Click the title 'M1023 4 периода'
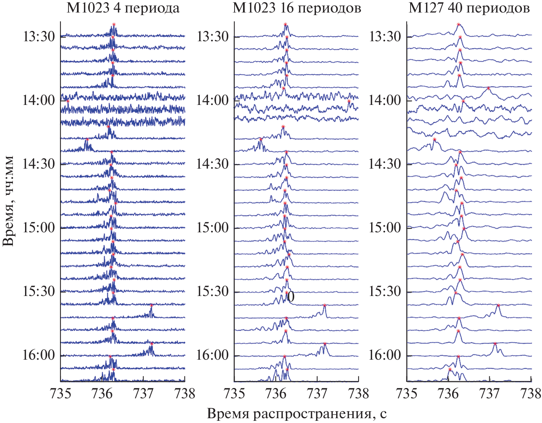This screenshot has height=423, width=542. pos(123,8)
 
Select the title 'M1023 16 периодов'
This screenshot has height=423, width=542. pos(297,8)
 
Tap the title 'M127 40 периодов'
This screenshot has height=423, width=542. pos(469,8)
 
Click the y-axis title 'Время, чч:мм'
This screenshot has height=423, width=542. pos(8,201)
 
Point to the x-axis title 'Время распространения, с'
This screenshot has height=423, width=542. pos(297,414)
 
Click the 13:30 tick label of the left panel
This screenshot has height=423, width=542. pos(39,37)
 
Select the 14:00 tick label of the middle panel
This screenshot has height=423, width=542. pos(212,100)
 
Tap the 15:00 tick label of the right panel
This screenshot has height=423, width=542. pos(385,228)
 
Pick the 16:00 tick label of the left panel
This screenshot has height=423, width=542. pos(39,355)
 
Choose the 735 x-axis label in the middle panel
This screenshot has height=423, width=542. pos(235,394)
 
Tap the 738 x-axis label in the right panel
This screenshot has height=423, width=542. pos(531,394)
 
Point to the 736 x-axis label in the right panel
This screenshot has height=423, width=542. pos(448,394)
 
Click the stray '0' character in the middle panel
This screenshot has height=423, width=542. pos(291,297)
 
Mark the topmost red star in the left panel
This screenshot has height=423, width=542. pos(114,24)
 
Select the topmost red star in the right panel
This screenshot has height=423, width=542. pos(458,24)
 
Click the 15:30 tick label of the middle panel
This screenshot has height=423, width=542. pos(212,291)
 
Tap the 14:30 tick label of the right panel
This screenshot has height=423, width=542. pos(385,164)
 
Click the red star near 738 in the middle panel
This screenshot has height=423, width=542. pos(349,101)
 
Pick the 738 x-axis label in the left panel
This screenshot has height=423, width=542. pos(185,394)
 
